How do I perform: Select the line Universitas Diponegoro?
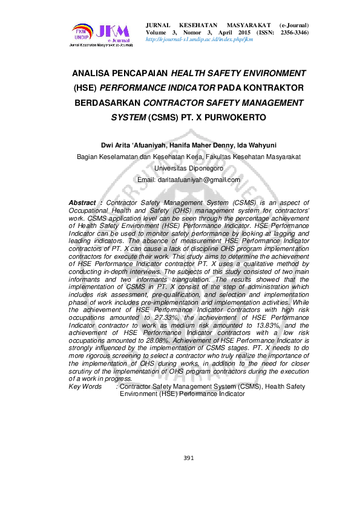189,168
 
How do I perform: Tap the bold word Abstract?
82,203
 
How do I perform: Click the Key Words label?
85,386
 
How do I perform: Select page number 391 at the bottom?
188,458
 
